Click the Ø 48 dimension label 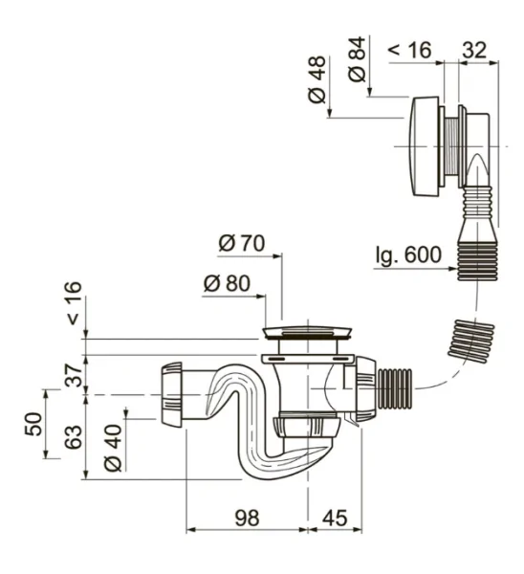click(317, 79)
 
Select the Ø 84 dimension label click(357, 59)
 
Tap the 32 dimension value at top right click(474, 50)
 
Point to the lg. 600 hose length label click(408, 254)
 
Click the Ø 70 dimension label click(242, 243)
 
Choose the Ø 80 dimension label click(227, 283)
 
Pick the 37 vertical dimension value click(74, 375)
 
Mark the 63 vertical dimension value click(74, 437)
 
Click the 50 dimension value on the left click(33, 424)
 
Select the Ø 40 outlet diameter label click(113, 448)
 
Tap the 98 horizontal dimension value click(247, 518)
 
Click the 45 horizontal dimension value click(335, 518)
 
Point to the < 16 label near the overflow click(409, 50)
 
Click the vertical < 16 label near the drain click(74, 303)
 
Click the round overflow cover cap click(425, 146)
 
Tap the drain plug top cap click(307, 332)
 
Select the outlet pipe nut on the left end click(171, 394)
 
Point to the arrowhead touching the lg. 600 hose click(452, 269)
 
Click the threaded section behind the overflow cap click(451, 146)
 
